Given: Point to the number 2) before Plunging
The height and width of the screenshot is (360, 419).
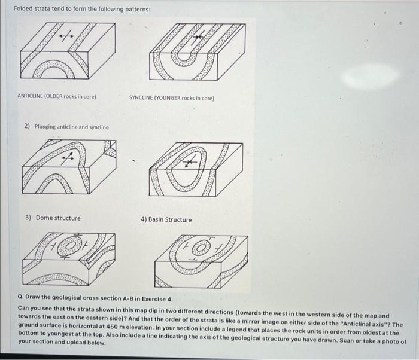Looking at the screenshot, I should [x=28, y=127].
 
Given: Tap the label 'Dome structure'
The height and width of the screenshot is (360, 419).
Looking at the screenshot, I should [x=57, y=218].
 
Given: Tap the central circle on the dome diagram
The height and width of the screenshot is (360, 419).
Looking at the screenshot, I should [x=72, y=246].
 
